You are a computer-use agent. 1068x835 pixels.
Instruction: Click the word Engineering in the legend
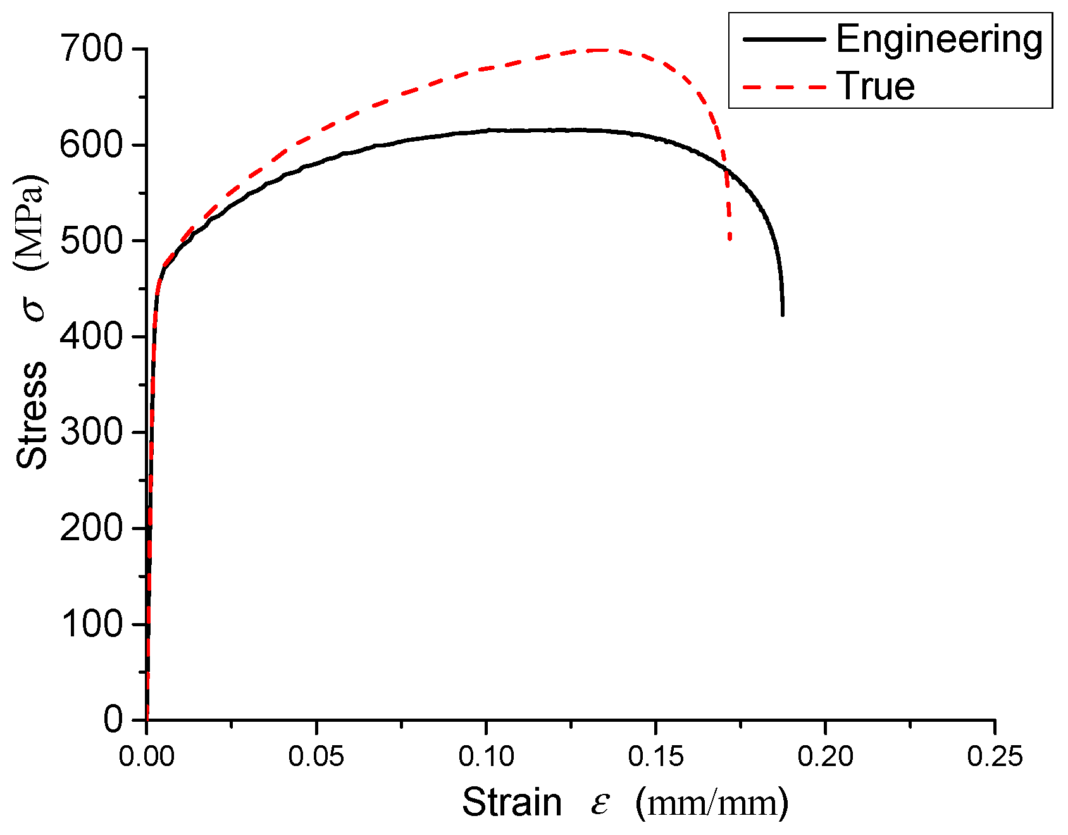pyautogui.click(x=939, y=39)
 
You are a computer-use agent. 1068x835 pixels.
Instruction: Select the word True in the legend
pyautogui.click(x=876, y=86)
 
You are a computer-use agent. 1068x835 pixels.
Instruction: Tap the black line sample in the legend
pyautogui.click(x=785, y=39)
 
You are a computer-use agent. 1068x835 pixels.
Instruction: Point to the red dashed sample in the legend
pyautogui.click(x=785, y=87)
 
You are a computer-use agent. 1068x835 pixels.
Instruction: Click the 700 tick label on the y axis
pyautogui.click(x=91, y=49)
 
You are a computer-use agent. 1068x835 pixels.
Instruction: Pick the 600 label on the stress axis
pyautogui.click(x=91, y=145)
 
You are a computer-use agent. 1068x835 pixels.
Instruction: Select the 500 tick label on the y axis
pyautogui.click(x=91, y=241)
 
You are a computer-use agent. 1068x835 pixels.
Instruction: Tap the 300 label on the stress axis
pyautogui.click(x=91, y=433)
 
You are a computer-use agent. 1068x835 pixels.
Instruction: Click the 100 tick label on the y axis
pyautogui.click(x=91, y=624)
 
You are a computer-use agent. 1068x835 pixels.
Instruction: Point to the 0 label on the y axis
pyautogui.click(x=113, y=720)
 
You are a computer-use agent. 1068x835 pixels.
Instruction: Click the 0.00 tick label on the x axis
pyautogui.click(x=146, y=757)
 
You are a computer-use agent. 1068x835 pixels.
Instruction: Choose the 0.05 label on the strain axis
pyautogui.click(x=316, y=757)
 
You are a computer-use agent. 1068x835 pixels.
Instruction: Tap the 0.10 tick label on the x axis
pyautogui.click(x=486, y=757)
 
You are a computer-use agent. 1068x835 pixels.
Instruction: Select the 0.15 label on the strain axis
pyautogui.click(x=655, y=757)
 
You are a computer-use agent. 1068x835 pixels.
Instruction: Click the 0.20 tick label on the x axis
pyautogui.click(x=825, y=757)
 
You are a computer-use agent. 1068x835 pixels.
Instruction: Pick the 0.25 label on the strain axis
pyautogui.click(x=995, y=757)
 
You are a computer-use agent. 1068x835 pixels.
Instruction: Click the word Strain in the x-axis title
pyautogui.click(x=512, y=803)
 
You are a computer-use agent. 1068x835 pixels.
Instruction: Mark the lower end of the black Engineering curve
pyautogui.click(x=783, y=314)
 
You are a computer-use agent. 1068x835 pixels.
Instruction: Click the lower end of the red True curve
pyautogui.click(x=730, y=239)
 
